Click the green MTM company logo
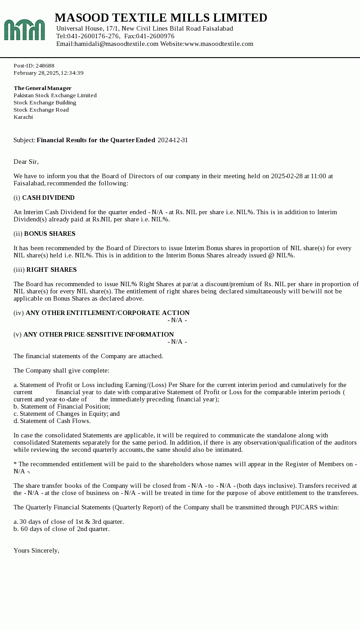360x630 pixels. pyautogui.click(x=24, y=30)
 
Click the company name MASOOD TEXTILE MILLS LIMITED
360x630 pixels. pyautogui.click(x=161, y=18)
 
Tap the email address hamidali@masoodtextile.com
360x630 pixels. pyautogui.click(x=117, y=44)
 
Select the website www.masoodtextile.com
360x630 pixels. pyautogui.click(x=219, y=44)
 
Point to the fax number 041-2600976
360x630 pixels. pyautogui.click(x=155, y=36)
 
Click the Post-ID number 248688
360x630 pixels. pyautogui.click(x=45, y=66)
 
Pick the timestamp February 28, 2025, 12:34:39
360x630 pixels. pyautogui.click(x=49, y=73)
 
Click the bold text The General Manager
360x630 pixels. pyautogui.click(x=43, y=88)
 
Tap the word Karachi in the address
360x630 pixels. pyautogui.click(x=23, y=117)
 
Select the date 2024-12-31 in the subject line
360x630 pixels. pyautogui.click(x=173, y=140)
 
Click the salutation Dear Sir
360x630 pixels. pyautogui.click(x=26, y=162)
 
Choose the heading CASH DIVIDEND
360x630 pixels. pyautogui.click(x=48, y=198)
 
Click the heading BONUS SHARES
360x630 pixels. pyautogui.click(x=49, y=234)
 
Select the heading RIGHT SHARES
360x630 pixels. pyautogui.click(x=51, y=270)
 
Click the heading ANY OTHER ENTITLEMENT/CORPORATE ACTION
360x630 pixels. pyautogui.click(x=108, y=313)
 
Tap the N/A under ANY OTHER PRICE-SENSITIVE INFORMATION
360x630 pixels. pyautogui.click(x=177, y=342)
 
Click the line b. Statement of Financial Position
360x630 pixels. pyautogui.click(x=62, y=406)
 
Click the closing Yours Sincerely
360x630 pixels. pyautogui.click(x=36, y=550)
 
